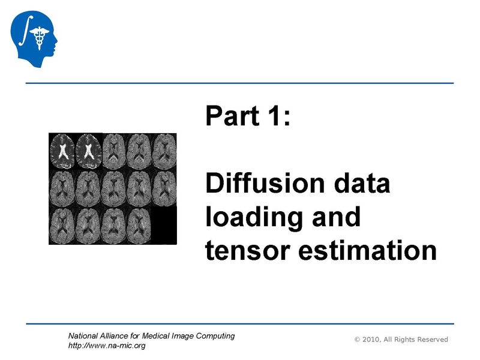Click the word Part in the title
click(x=233, y=116)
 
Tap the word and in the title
click(x=335, y=217)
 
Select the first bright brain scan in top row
click(x=62, y=150)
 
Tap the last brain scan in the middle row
click(x=164, y=187)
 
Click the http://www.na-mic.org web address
click(x=107, y=346)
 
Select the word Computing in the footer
click(x=215, y=336)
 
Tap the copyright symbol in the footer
click(x=358, y=340)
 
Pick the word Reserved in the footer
click(x=430, y=340)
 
